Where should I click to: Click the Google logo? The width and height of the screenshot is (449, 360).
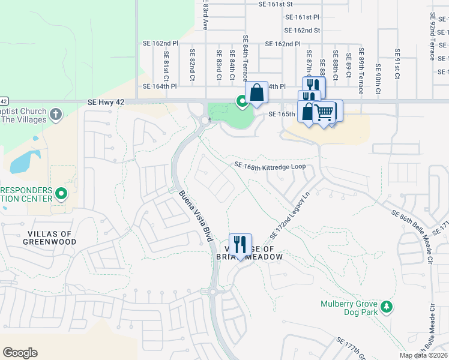click(x=20, y=353)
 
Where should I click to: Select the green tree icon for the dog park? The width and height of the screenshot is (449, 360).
click(x=388, y=307)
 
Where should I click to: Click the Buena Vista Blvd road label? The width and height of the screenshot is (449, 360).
click(x=196, y=216)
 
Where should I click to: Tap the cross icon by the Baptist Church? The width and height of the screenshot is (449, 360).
click(x=55, y=115)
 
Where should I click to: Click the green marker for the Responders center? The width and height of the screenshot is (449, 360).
click(x=61, y=194)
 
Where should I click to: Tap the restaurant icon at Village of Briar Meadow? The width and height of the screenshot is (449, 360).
click(x=240, y=244)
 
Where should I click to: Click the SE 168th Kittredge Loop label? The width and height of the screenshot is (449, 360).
click(x=270, y=166)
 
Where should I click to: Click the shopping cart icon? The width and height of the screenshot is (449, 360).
click(x=324, y=112)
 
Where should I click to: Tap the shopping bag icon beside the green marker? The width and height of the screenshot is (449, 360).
click(x=256, y=93)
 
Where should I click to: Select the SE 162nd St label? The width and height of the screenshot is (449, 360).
click(x=302, y=30)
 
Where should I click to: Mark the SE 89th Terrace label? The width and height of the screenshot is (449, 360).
click(x=361, y=71)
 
